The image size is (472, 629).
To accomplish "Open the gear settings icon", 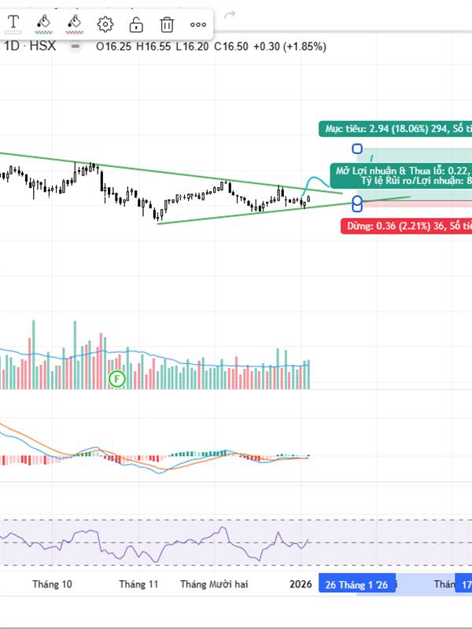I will (105, 24).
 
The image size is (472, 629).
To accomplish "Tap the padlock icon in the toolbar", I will (135, 24).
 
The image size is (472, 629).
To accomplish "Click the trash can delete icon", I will (167, 24).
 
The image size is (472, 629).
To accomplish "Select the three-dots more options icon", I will (198, 24).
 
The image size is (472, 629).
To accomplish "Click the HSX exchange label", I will (42, 46).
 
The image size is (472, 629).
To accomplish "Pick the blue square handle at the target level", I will (357, 149).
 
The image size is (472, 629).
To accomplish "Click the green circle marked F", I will (116, 379).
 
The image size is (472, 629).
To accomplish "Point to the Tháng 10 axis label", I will (52, 584).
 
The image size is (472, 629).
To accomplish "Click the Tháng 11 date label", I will (138, 584).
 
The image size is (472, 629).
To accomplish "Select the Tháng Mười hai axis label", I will (214, 584).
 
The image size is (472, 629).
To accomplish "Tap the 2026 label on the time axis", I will (301, 584).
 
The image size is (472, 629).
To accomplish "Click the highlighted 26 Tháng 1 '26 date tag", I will (356, 584).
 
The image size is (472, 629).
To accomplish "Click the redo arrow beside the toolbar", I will (230, 14).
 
